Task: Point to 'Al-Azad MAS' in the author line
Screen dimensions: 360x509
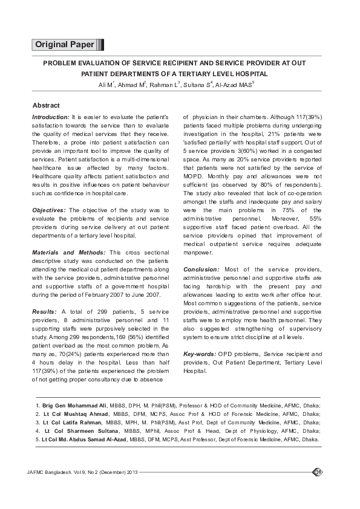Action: point(233,84)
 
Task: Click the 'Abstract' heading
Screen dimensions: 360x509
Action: point(45,105)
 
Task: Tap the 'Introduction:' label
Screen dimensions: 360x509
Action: point(51,115)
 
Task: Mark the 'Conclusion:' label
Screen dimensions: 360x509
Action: point(201,267)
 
